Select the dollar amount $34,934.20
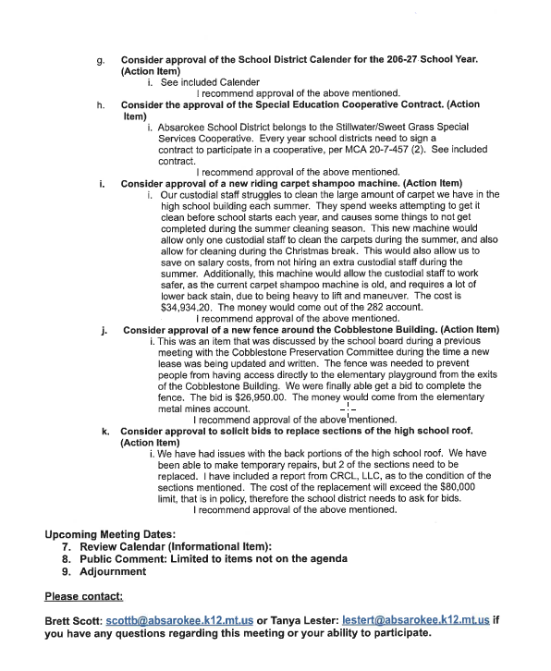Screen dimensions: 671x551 (x=188, y=306)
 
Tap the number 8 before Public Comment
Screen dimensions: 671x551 (x=66, y=558)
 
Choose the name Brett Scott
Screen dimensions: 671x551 (x=72, y=618)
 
